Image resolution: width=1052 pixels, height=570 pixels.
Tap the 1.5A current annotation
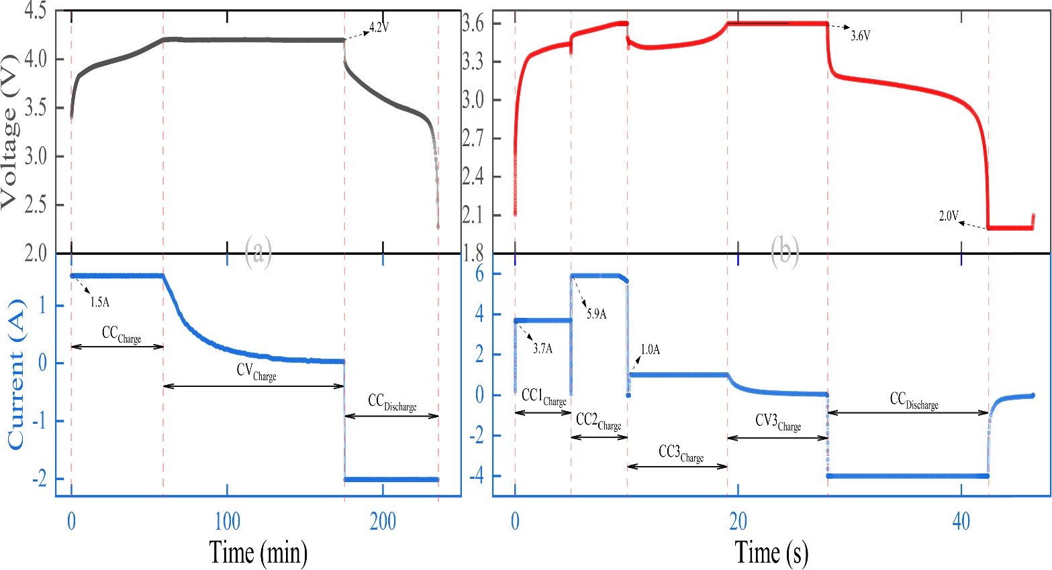[100, 302]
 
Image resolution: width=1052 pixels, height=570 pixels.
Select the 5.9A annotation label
[597, 313]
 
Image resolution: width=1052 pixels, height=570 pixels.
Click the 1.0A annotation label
[650, 349]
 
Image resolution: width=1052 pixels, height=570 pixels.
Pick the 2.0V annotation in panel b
[949, 216]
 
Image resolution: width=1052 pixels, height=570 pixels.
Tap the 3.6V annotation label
[860, 36]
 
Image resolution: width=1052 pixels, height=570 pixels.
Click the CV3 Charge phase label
[778, 422]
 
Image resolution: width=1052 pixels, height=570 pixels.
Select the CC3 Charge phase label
[681, 454]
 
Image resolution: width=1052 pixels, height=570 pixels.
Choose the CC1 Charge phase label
[544, 398]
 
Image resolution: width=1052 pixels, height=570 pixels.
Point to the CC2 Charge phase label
[598, 422]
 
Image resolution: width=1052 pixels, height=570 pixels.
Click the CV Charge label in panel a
[256, 372]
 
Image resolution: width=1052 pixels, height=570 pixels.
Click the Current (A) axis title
[15, 376]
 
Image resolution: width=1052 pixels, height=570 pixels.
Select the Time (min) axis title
[258, 553]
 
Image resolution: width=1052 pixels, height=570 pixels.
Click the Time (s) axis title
[771, 553]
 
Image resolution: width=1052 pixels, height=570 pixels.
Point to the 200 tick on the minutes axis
[383, 522]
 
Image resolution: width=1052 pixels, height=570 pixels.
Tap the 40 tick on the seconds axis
[961, 522]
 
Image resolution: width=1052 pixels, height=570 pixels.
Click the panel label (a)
[258, 252]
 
